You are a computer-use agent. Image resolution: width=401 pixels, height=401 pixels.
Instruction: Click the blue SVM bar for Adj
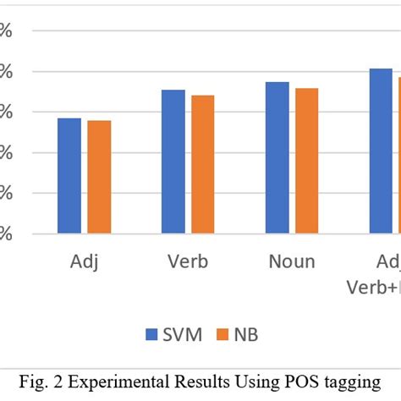point(69,176)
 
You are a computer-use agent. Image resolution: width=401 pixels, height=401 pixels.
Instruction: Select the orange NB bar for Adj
point(99,177)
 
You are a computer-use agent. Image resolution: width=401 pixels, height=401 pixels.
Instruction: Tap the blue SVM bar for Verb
point(173,162)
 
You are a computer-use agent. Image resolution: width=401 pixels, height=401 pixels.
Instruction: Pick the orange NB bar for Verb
point(203,164)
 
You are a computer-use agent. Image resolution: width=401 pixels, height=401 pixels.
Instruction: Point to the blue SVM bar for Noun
point(277,157)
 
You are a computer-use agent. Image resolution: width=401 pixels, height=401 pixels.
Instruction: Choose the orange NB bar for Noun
point(307,161)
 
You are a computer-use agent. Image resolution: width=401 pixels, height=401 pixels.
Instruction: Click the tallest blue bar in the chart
point(381,151)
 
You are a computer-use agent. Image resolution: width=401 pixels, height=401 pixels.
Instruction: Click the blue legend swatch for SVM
point(153,333)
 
